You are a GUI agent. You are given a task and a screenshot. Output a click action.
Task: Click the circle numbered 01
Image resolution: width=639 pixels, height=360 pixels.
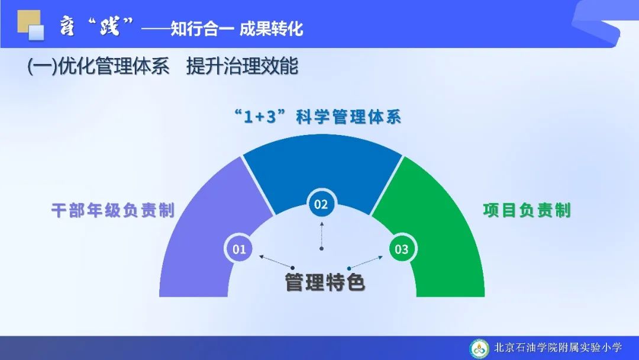click(x=239, y=249)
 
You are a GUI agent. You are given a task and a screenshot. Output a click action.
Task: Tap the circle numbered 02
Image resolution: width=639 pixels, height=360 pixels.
click(x=321, y=204)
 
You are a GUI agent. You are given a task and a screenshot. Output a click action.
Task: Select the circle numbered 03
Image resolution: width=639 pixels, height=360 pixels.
click(x=401, y=249)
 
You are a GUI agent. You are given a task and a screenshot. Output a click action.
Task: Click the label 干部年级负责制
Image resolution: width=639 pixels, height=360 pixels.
click(x=113, y=210)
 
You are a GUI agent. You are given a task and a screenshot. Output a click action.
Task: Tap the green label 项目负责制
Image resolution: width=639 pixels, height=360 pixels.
click(x=527, y=210)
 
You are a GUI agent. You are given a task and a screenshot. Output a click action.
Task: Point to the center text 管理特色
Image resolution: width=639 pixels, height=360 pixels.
click(x=324, y=282)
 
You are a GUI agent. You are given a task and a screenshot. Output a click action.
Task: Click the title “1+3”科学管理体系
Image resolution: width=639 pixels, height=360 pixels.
click(x=318, y=117)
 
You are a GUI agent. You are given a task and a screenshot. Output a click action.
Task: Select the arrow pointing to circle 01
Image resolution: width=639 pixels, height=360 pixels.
click(x=276, y=262)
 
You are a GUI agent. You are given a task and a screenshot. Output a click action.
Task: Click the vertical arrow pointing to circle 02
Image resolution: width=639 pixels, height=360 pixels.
click(x=321, y=235)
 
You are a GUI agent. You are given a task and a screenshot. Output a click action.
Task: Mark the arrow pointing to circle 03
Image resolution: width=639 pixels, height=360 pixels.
click(x=366, y=262)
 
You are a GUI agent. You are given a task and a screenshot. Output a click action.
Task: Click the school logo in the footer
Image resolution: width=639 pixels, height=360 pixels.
click(x=479, y=349)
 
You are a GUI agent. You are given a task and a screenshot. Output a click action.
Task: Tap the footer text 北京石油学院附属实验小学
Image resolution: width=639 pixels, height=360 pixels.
click(x=558, y=348)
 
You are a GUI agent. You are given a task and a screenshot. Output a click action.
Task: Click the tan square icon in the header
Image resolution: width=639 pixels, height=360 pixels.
click(x=28, y=21)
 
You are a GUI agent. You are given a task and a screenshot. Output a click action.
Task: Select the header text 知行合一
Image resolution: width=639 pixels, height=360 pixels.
click(x=202, y=29)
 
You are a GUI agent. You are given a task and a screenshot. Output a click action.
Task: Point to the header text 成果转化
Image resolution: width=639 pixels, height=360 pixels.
click(x=271, y=29)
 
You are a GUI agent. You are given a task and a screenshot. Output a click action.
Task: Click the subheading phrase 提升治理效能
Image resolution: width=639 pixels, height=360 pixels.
click(x=243, y=66)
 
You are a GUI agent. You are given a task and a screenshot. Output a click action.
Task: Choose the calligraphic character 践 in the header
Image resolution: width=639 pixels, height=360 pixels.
click(x=109, y=26)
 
